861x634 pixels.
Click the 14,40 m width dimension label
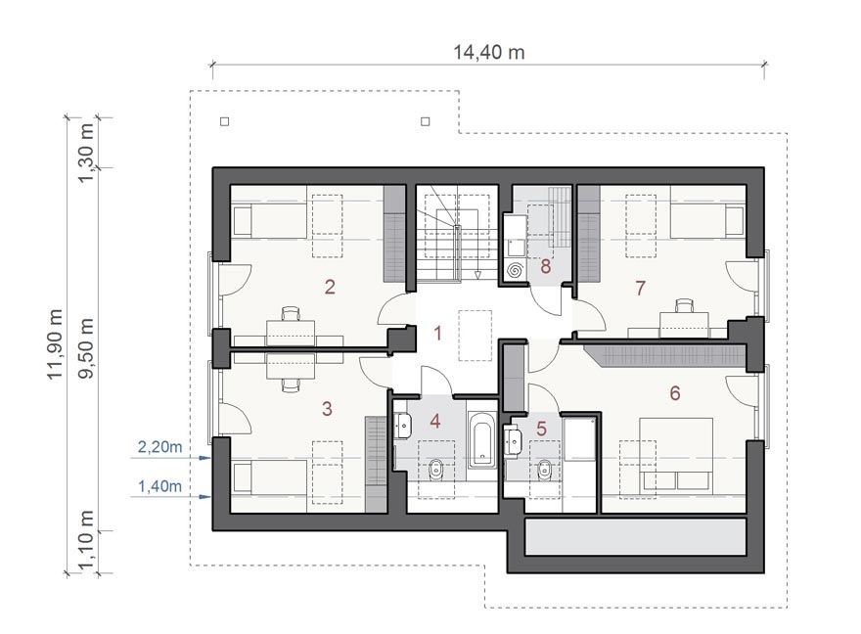488,52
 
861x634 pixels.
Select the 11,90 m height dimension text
55,344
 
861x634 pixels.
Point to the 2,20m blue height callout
159,447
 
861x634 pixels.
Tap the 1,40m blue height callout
159,486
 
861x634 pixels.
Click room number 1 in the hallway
437,333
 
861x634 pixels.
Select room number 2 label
330,287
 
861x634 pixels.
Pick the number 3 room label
327,408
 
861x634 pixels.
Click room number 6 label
675,393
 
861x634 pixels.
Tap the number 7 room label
640,288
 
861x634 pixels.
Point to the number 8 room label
545,266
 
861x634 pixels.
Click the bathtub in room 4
482,440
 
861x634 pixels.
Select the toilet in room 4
436,470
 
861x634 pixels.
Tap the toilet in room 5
545,470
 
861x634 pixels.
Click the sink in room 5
514,439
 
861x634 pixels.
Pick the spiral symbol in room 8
515,270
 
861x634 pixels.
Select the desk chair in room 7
684,305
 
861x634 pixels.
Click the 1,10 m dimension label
86,540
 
